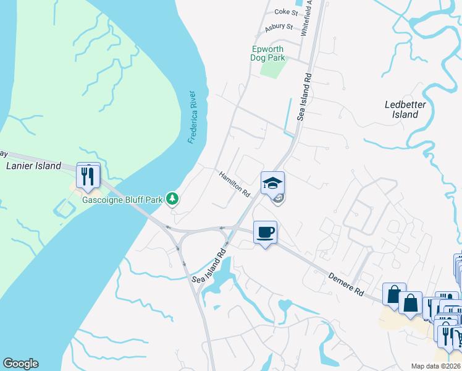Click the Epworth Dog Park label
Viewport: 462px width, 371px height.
coord(269,53)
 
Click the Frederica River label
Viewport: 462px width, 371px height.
coord(192,117)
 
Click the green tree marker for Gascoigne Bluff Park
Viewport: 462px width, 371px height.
coord(174,198)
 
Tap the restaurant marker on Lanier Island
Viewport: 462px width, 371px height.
coord(88,175)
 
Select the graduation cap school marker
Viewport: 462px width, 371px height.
coord(272,183)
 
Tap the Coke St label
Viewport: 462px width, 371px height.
coord(286,11)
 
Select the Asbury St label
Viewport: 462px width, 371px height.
coord(279,27)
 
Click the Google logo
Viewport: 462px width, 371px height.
coord(20,364)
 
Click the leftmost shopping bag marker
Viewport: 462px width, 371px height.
coord(393,296)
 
